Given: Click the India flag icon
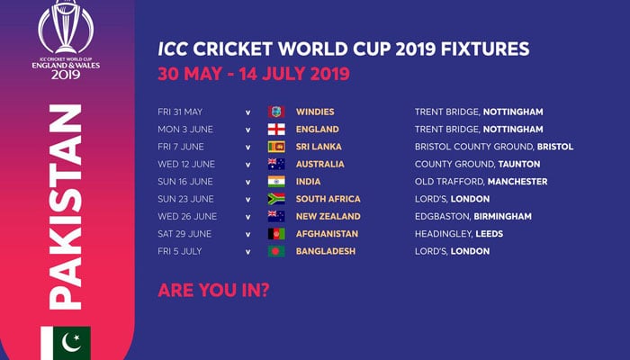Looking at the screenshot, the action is point(276,182).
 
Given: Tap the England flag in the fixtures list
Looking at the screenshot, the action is point(276,130).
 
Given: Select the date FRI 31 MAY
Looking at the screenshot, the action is point(180,112).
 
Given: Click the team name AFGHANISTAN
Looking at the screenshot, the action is point(327,234).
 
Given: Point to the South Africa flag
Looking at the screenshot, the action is point(276,199).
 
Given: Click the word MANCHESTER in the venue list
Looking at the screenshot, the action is point(517,182).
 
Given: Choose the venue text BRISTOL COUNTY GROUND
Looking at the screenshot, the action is point(474,147).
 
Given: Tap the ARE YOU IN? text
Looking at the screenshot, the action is point(213,290).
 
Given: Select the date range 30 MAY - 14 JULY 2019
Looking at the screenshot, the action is point(254,74).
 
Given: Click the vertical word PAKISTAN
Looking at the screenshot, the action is point(66,206).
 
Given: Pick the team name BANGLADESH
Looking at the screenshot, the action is point(326,251).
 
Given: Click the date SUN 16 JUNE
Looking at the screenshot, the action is point(185,182).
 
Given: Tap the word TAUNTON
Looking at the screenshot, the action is point(519,164).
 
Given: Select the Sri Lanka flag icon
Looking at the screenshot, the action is point(276,147).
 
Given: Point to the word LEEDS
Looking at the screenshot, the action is point(490,234).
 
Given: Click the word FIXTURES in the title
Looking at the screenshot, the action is point(485,49).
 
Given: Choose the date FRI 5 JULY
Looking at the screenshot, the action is point(180,251).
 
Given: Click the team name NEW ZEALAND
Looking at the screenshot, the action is point(328,216).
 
